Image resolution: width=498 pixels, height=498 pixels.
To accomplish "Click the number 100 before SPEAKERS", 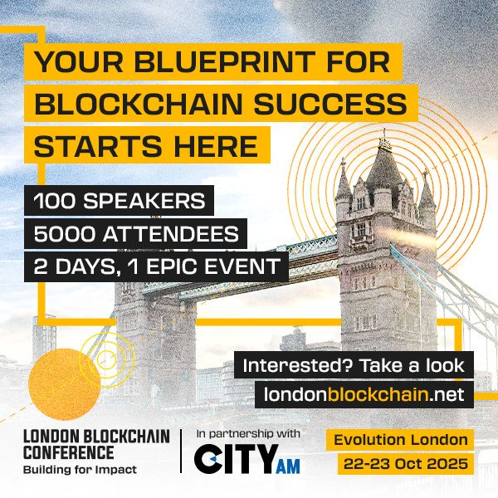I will pos(57,201).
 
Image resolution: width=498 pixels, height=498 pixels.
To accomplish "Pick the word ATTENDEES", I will pos(183,234).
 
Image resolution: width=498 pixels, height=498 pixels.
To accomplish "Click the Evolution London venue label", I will pos(401,439).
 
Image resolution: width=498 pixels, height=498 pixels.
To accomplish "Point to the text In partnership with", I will pos(248,434).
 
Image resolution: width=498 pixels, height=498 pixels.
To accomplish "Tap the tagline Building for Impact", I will pos(80,470).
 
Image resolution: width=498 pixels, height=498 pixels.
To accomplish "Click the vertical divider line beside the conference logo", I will pos(182,452).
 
